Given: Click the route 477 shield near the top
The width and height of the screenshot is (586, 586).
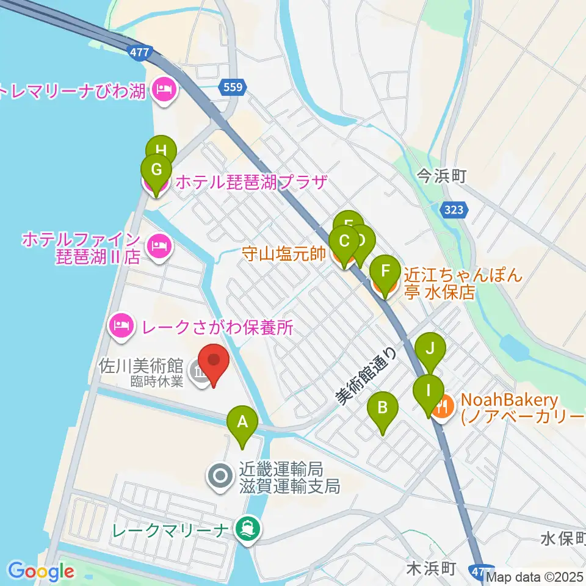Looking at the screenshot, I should [140, 53].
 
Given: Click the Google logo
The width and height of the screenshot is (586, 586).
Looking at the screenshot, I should [41, 571].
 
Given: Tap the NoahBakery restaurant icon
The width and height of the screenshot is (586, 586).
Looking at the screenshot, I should [444, 405].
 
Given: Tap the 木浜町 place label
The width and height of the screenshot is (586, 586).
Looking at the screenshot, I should [430, 568].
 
